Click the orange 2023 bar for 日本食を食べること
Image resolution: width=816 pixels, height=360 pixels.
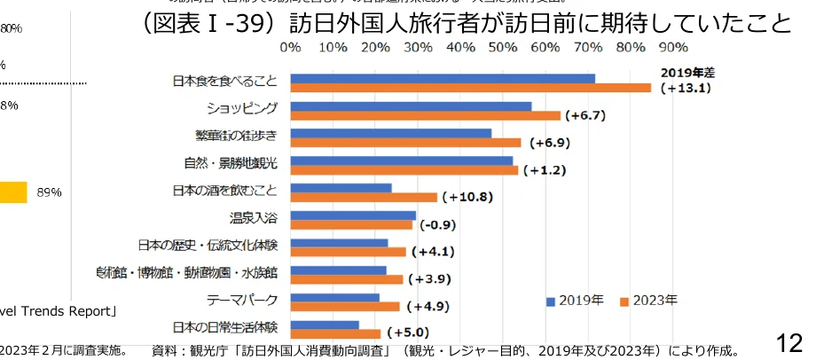click(470, 88)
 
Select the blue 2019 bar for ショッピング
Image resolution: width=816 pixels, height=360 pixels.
click(411, 106)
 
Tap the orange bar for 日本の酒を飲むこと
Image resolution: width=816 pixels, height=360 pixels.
click(364, 197)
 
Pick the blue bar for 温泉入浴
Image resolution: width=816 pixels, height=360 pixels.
click(353, 215)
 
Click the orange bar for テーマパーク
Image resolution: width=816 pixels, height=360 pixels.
click(345, 306)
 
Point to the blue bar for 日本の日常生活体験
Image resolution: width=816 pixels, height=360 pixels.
click(325, 325)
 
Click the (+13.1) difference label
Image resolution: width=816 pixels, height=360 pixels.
click(685, 88)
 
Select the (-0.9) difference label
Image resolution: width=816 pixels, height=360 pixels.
click(440, 224)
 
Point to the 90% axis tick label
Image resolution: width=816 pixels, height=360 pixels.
click(673, 46)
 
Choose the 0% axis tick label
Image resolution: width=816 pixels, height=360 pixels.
click(290, 46)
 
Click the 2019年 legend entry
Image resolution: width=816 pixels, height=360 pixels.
click(575, 301)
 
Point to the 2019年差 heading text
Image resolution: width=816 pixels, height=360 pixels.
click(684, 72)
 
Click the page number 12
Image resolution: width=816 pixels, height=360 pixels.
click(789, 341)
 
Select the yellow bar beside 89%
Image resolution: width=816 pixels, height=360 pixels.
click(13, 192)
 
